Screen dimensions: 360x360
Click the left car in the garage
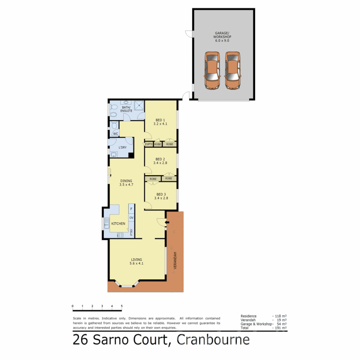click(212, 70)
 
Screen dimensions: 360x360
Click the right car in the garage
click(232, 70)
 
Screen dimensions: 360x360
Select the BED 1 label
click(160, 122)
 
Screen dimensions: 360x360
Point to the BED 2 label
click(160, 161)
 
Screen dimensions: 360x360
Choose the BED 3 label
click(161, 196)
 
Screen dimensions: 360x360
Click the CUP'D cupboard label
click(148, 144)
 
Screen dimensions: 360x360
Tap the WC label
click(116, 134)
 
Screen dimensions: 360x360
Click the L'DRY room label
click(123, 147)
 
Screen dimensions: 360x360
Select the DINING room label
click(126, 183)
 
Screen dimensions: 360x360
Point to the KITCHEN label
click(118, 223)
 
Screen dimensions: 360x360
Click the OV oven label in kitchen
click(131, 218)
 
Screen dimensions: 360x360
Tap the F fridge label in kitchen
click(131, 209)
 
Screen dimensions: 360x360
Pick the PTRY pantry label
click(131, 232)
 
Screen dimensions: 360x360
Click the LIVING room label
click(136, 261)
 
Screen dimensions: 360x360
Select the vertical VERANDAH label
click(175, 261)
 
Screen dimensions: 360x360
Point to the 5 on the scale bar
click(122, 306)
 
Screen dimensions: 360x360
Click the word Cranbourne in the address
click(213, 340)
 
